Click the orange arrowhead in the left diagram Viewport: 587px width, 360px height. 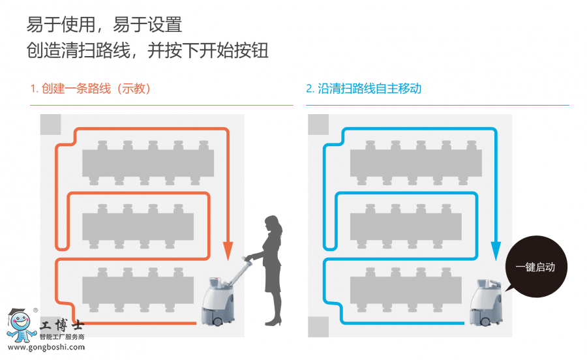pos(228,250)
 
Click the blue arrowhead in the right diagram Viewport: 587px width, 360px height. pos(496,250)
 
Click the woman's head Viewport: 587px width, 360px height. pos(273,224)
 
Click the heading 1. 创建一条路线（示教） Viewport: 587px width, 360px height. pos(91,89)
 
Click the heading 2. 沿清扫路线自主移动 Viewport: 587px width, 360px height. pos(363,89)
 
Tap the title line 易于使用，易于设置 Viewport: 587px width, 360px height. pos(104,25)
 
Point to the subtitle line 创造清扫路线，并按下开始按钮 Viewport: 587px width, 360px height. pos(147,51)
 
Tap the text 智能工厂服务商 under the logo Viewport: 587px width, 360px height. pos(62,337)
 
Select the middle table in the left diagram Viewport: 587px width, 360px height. pos(138,226)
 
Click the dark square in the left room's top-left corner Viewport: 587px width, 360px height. pos(50,124)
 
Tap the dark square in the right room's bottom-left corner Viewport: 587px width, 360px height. pos(318,327)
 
